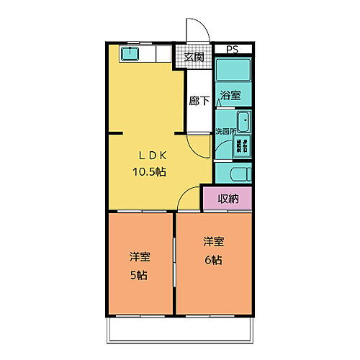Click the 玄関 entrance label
coord(194,57)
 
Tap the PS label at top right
coord(232,50)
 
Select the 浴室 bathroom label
coord(230,94)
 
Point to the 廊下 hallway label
coord(199,102)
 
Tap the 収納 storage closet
coord(226,197)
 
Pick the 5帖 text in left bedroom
coord(139,274)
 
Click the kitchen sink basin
coord(130,53)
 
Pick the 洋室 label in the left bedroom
coord(139,257)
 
